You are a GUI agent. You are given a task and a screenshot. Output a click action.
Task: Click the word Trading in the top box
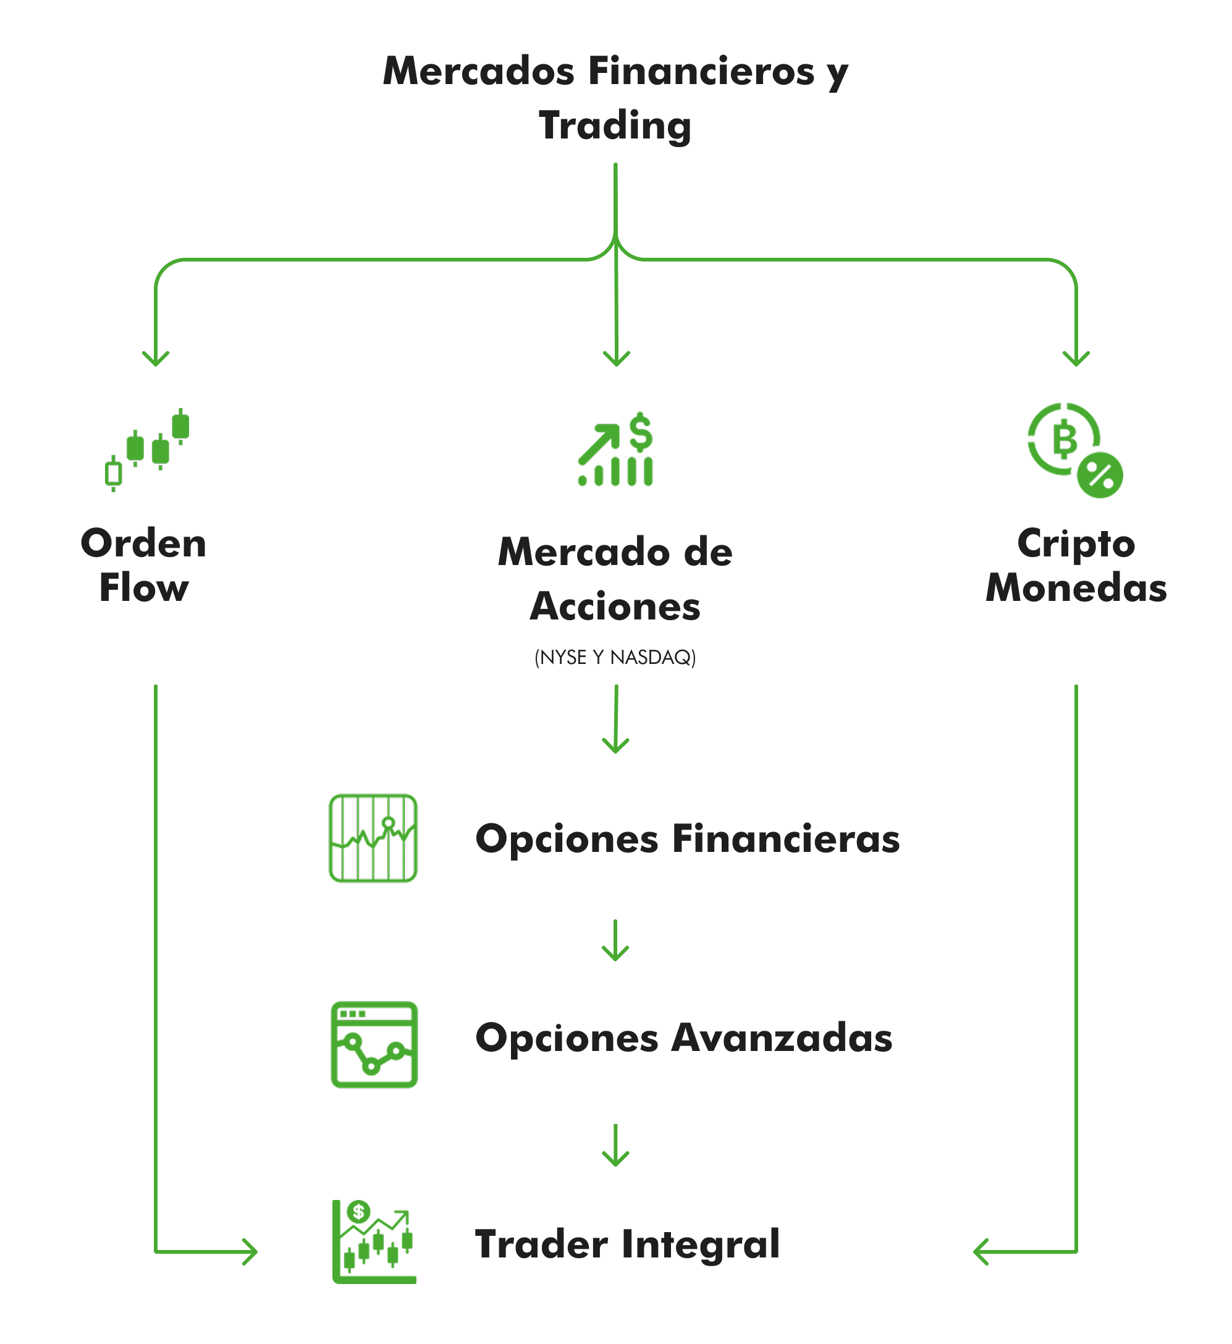pyautogui.click(x=615, y=126)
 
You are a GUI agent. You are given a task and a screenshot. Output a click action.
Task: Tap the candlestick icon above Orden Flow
pyautogui.click(x=147, y=449)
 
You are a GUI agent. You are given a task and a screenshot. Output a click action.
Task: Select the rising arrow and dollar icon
pyautogui.click(x=615, y=449)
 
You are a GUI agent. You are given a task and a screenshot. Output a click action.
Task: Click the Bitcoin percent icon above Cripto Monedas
pyautogui.click(x=1074, y=450)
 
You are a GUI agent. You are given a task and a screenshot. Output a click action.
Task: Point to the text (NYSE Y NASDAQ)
pyautogui.click(x=615, y=658)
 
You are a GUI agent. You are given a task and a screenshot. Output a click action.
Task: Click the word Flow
pyautogui.click(x=144, y=589)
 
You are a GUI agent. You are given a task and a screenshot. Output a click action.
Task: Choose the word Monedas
pyautogui.click(x=1076, y=589)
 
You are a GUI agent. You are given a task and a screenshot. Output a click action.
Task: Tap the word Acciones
pyautogui.click(x=615, y=606)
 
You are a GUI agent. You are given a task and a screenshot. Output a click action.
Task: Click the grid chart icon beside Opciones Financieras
pyautogui.click(x=373, y=838)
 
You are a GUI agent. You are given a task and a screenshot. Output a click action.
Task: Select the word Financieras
pyautogui.click(x=786, y=838)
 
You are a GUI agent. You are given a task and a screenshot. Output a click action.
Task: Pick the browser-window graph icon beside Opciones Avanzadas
pyautogui.click(x=374, y=1045)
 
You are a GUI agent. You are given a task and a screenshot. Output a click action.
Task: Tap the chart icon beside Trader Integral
pyautogui.click(x=374, y=1242)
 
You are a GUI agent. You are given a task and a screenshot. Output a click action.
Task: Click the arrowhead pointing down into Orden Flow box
pyautogui.click(x=156, y=359)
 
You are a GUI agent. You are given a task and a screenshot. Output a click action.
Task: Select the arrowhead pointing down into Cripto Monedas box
pyautogui.click(x=1076, y=359)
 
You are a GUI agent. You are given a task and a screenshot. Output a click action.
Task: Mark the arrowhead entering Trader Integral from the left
pyautogui.click(x=251, y=1252)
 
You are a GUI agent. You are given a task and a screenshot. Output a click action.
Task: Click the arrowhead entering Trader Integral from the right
pyautogui.click(x=980, y=1252)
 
